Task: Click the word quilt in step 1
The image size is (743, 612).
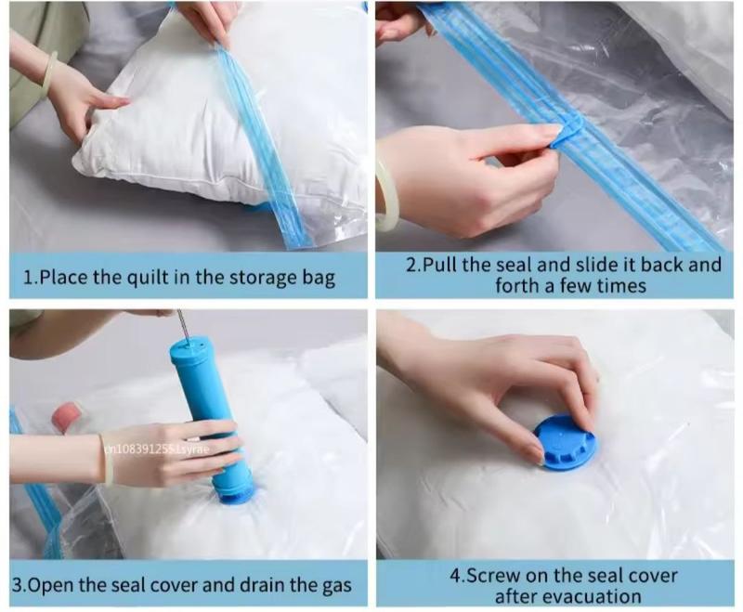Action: (x=151, y=277)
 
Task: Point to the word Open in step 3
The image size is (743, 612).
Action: (x=51, y=585)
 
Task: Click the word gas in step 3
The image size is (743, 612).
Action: (x=336, y=586)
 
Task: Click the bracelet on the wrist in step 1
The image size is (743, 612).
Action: (x=49, y=70)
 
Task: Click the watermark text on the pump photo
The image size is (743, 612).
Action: (x=156, y=449)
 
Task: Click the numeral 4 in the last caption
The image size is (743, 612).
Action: (x=455, y=576)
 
